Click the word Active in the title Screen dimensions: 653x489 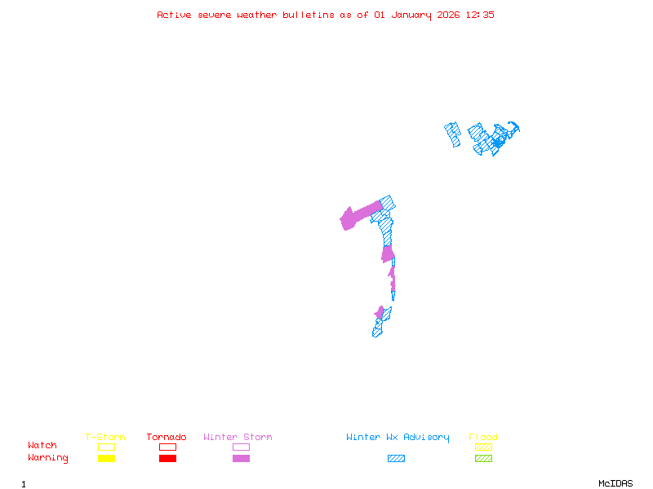pos(174,15)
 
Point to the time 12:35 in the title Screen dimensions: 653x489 pos(479,15)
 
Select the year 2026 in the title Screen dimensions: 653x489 pos(448,15)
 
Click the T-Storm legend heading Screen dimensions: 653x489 pos(105,438)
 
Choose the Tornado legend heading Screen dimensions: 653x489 pos(167,438)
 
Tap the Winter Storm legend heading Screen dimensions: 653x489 pos(238,438)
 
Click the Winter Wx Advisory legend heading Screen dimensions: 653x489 pos(398,438)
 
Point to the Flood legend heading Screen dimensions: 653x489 pos(483,438)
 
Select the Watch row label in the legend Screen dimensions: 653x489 pos(42,446)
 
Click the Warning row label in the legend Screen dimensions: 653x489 pos(48,458)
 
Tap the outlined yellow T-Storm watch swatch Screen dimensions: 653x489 pos(106,447)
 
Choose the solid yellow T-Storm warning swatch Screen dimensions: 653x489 pos(106,459)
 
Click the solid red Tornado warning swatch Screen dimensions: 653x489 pos(167,459)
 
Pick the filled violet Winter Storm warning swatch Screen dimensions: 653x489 pos(241,459)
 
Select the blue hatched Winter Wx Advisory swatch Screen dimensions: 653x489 pos(396,459)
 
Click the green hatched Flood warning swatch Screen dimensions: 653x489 pos(483,459)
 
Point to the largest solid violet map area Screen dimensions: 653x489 pos(358,215)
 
